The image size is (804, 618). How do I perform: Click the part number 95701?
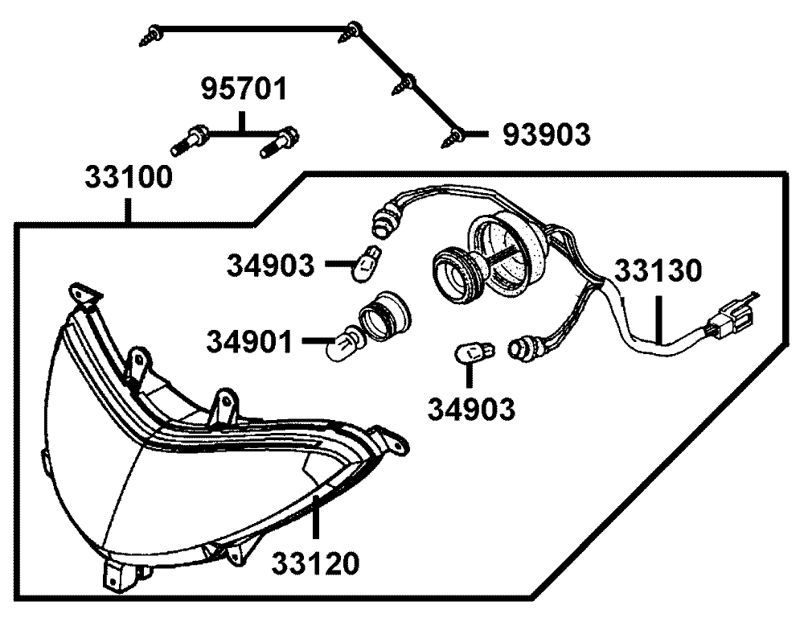click(244, 89)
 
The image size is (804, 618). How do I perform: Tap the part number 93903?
click(546, 135)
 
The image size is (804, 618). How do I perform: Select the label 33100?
click(129, 178)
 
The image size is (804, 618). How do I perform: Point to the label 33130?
click(658, 270)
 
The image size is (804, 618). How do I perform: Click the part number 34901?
click(250, 342)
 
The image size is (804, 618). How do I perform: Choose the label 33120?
click(315, 563)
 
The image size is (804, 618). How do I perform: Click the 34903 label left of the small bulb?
click(271, 266)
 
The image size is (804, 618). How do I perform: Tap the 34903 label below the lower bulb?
click(472, 409)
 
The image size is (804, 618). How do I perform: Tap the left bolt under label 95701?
click(189, 141)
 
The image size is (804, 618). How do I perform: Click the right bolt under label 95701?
click(280, 142)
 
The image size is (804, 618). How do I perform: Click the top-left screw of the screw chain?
click(151, 35)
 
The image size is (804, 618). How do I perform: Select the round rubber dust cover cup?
click(507, 251)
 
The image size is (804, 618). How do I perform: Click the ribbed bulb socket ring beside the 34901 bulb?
click(384, 317)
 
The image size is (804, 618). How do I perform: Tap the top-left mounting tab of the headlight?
click(84, 295)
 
